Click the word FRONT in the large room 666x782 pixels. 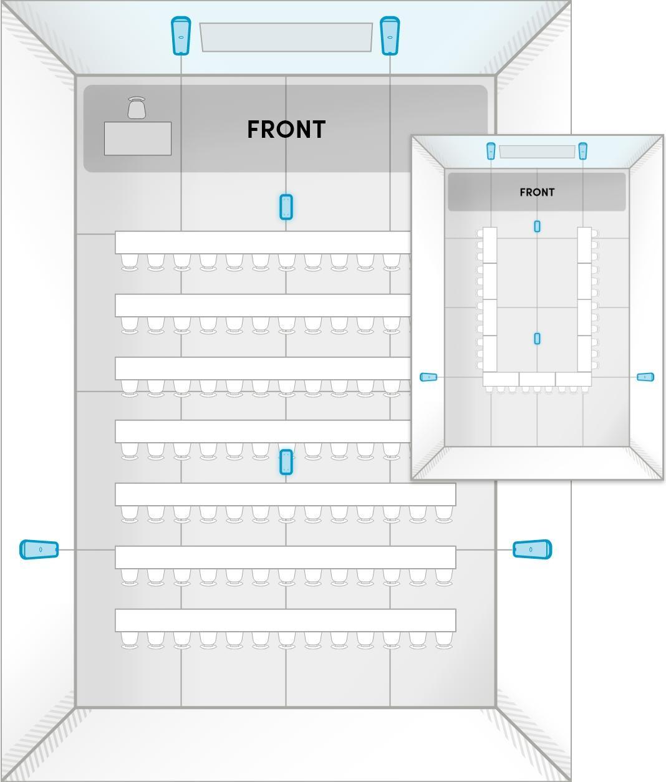coord(286,130)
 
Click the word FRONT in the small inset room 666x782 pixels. coord(537,192)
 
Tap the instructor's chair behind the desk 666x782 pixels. coord(137,108)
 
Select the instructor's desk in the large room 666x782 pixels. coord(138,138)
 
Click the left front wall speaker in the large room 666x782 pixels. coord(181,36)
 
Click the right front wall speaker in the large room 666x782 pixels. coord(390,36)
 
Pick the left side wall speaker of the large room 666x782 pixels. coord(39,549)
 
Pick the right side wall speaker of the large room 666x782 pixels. coord(532,549)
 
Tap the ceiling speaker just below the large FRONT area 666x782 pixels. coord(286,207)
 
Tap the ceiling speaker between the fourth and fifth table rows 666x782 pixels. coord(286,462)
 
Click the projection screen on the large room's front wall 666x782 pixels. coord(286,37)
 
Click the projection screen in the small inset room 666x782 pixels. coord(537,152)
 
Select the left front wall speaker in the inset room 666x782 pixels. coord(491,151)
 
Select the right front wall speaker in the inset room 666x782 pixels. coord(582,151)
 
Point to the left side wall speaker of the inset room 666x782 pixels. coord(428,377)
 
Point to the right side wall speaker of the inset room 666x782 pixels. coord(645,377)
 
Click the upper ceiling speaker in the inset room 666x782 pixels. coord(537,226)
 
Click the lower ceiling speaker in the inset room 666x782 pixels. coord(537,339)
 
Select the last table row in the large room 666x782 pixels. coord(285,620)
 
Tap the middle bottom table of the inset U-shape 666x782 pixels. coord(537,379)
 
